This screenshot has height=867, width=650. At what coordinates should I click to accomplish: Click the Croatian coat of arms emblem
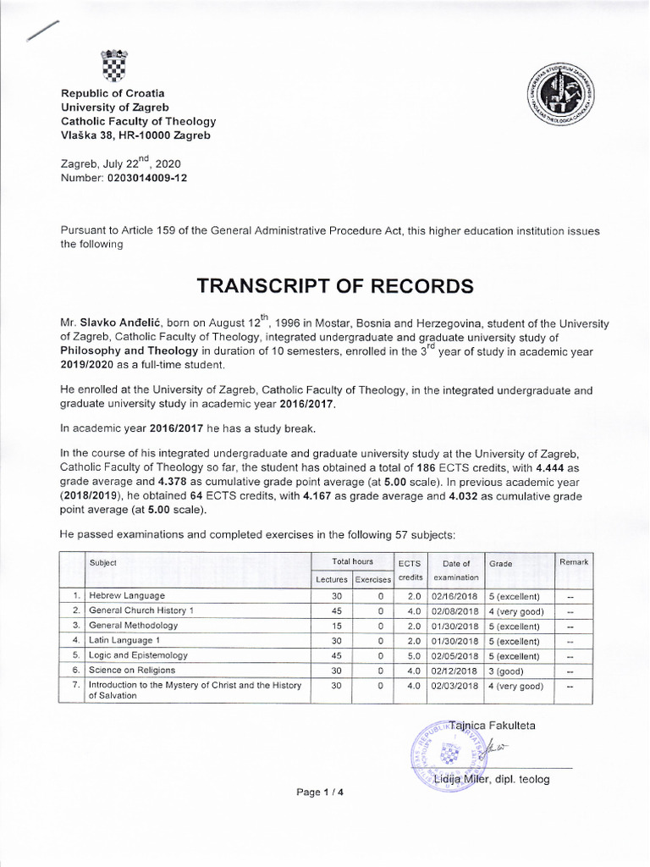click(x=113, y=64)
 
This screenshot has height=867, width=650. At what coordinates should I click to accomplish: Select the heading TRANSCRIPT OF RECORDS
click(x=334, y=286)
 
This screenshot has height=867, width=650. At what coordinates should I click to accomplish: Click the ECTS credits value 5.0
click(x=410, y=655)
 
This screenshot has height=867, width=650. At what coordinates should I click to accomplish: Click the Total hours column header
click(x=353, y=562)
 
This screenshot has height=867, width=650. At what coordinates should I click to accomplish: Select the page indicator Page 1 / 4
click(x=321, y=792)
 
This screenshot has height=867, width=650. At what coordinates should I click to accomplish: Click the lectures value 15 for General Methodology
click(x=335, y=626)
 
